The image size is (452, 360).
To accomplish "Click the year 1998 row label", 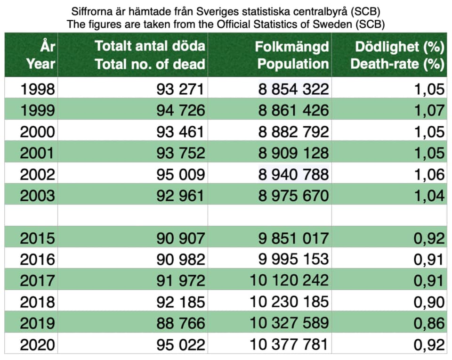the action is click(x=38, y=89).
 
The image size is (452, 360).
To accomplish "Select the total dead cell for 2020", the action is click(x=181, y=345).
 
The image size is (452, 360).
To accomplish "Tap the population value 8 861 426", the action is click(x=293, y=110).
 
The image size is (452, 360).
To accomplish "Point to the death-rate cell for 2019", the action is click(x=429, y=323).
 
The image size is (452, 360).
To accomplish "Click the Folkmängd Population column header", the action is click(x=292, y=55).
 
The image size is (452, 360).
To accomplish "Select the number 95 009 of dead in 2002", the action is click(x=181, y=174).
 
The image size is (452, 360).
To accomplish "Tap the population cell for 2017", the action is click(x=289, y=280).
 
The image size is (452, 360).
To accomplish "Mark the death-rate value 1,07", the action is click(x=429, y=110).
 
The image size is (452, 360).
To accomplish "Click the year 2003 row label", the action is click(x=38, y=196).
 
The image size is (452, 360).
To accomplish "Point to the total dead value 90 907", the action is click(x=181, y=238).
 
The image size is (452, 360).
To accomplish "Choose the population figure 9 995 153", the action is click(x=293, y=259).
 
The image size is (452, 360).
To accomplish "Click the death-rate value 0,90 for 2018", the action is click(x=429, y=302).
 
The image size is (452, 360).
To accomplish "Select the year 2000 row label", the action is click(x=38, y=131).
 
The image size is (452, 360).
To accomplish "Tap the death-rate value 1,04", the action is click(x=429, y=196).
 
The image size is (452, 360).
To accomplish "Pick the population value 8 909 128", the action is click(x=293, y=153).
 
